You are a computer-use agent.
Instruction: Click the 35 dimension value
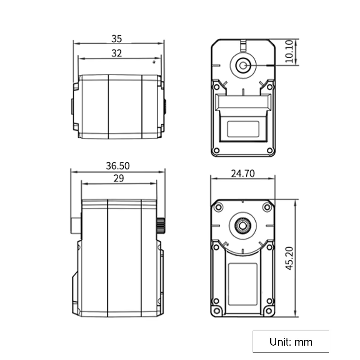click(117, 39)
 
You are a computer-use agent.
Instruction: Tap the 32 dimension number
click(117, 53)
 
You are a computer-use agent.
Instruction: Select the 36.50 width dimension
click(118, 166)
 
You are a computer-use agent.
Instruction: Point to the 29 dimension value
click(119, 178)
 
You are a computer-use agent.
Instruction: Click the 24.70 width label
click(243, 174)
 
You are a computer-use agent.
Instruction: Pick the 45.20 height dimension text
click(289, 258)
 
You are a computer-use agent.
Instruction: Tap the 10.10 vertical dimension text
click(289, 51)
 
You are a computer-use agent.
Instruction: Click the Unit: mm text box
click(291, 342)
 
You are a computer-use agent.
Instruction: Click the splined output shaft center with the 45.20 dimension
click(243, 226)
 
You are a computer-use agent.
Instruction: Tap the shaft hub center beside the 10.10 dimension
click(243, 66)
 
